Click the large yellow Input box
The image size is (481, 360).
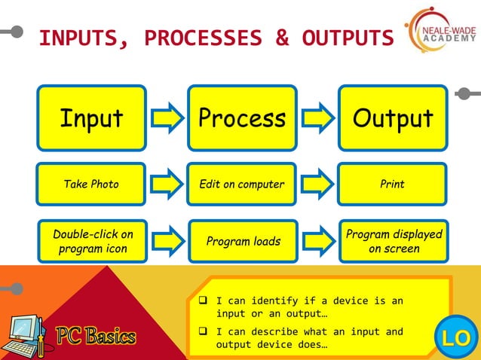pyautogui.click(x=91, y=118)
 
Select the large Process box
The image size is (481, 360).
pyautogui.click(x=241, y=118)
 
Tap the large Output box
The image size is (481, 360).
pyautogui.click(x=393, y=118)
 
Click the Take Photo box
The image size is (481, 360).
pyautogui.click(x=91, y=184)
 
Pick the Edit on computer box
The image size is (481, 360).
pyautogui.click(x=241, y=184)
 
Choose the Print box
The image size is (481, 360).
pyautogui.click(x=393, y=184)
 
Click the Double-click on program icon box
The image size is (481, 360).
pyautogui.click(x=91, y=241)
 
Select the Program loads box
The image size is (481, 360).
pyautogui.click(x=241, y=241)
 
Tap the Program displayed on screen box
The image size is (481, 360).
pyautogui.click(x=393, y=241)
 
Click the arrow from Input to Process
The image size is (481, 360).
pyautogui.click(x=167, y=118)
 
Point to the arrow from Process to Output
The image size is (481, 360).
pyautogui.click(x=317, y=118)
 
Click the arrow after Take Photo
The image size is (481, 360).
pyautogui.click(x=167, y=184)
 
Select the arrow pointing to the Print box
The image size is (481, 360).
pyautogui.click(x=317, y=184)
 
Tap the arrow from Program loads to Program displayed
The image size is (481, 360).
pyautogui.click(x=317, y=241)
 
